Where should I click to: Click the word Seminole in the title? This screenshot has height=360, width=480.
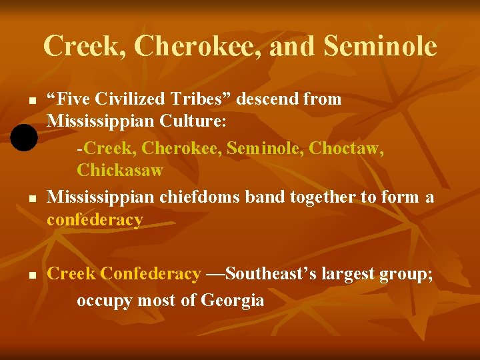pos(380,46)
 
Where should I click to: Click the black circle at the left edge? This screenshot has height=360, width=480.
pos(23,138)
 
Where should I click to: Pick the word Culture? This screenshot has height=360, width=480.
pos(196,123)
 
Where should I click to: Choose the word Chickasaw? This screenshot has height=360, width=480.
pos(120,170)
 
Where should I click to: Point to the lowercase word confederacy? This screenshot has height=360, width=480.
pos(95,220)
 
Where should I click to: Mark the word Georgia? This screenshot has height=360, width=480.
pos(233,301)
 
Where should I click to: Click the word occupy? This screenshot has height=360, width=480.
pos(105,301)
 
